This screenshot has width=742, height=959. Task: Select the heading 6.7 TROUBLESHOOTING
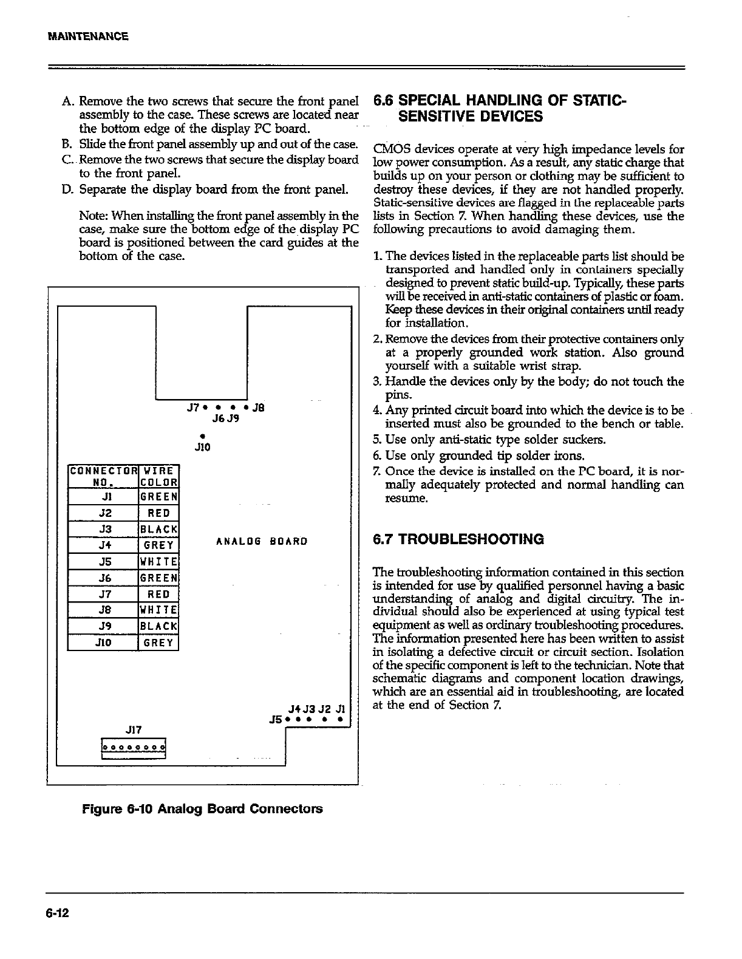(x=458, y=539)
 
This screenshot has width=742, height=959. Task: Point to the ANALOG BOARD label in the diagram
(x=262, y=540)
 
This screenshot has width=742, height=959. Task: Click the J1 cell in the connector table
(x=103, y=497)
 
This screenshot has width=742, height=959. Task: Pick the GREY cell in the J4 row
(x=158, y=545)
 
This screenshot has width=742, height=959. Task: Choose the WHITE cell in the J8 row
(x=158, y=610)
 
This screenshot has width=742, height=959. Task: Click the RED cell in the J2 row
(x=158, y=513)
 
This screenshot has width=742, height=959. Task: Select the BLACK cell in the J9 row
(x=158, y=626)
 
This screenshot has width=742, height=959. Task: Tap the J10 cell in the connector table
(x=103, y=642)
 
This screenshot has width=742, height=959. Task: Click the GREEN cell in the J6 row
(x=158, y=578)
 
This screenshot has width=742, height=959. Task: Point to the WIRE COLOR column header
(x=158, y=476)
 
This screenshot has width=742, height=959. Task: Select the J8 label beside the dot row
(x=257, y=408)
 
